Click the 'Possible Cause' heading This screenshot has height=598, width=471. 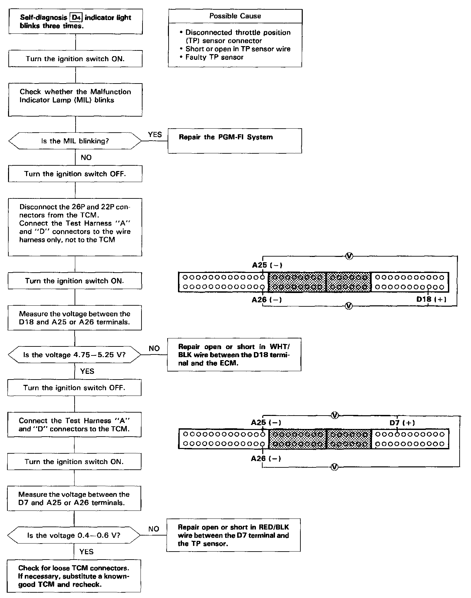[x=235, y=16]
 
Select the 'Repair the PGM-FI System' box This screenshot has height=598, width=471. [x=234, y=141]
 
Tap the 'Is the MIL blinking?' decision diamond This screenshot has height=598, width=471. [x=75, y=141]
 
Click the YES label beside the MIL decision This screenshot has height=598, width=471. [x=155, y=135]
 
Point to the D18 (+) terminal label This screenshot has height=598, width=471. [x=431, y=299]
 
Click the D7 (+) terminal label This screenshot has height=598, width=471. [x=402, y=423]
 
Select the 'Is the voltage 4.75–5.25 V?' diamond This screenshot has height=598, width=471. [x=74, y=355]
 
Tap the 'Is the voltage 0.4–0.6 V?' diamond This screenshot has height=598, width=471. [x=74, y=535]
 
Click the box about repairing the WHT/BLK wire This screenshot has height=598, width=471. [x=234, y=355]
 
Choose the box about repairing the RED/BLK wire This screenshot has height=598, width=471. [x=233, y=535]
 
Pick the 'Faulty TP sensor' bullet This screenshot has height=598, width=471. [x=214, y=57]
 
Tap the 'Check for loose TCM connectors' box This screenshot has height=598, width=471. [x=74, y=576]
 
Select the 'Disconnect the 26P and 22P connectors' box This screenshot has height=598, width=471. [x=75, y=227]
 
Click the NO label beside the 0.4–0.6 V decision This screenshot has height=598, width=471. [x=154, y=529]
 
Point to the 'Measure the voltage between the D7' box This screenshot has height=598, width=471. [x=74, y=498]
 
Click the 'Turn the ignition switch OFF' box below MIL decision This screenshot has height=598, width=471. [x=75, y=174]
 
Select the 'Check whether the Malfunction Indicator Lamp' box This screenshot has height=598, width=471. [x=75, y=100]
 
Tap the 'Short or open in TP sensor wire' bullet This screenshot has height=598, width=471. [x=238, y=49]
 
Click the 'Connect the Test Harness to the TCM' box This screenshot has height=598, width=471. [x=74, y=425]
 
